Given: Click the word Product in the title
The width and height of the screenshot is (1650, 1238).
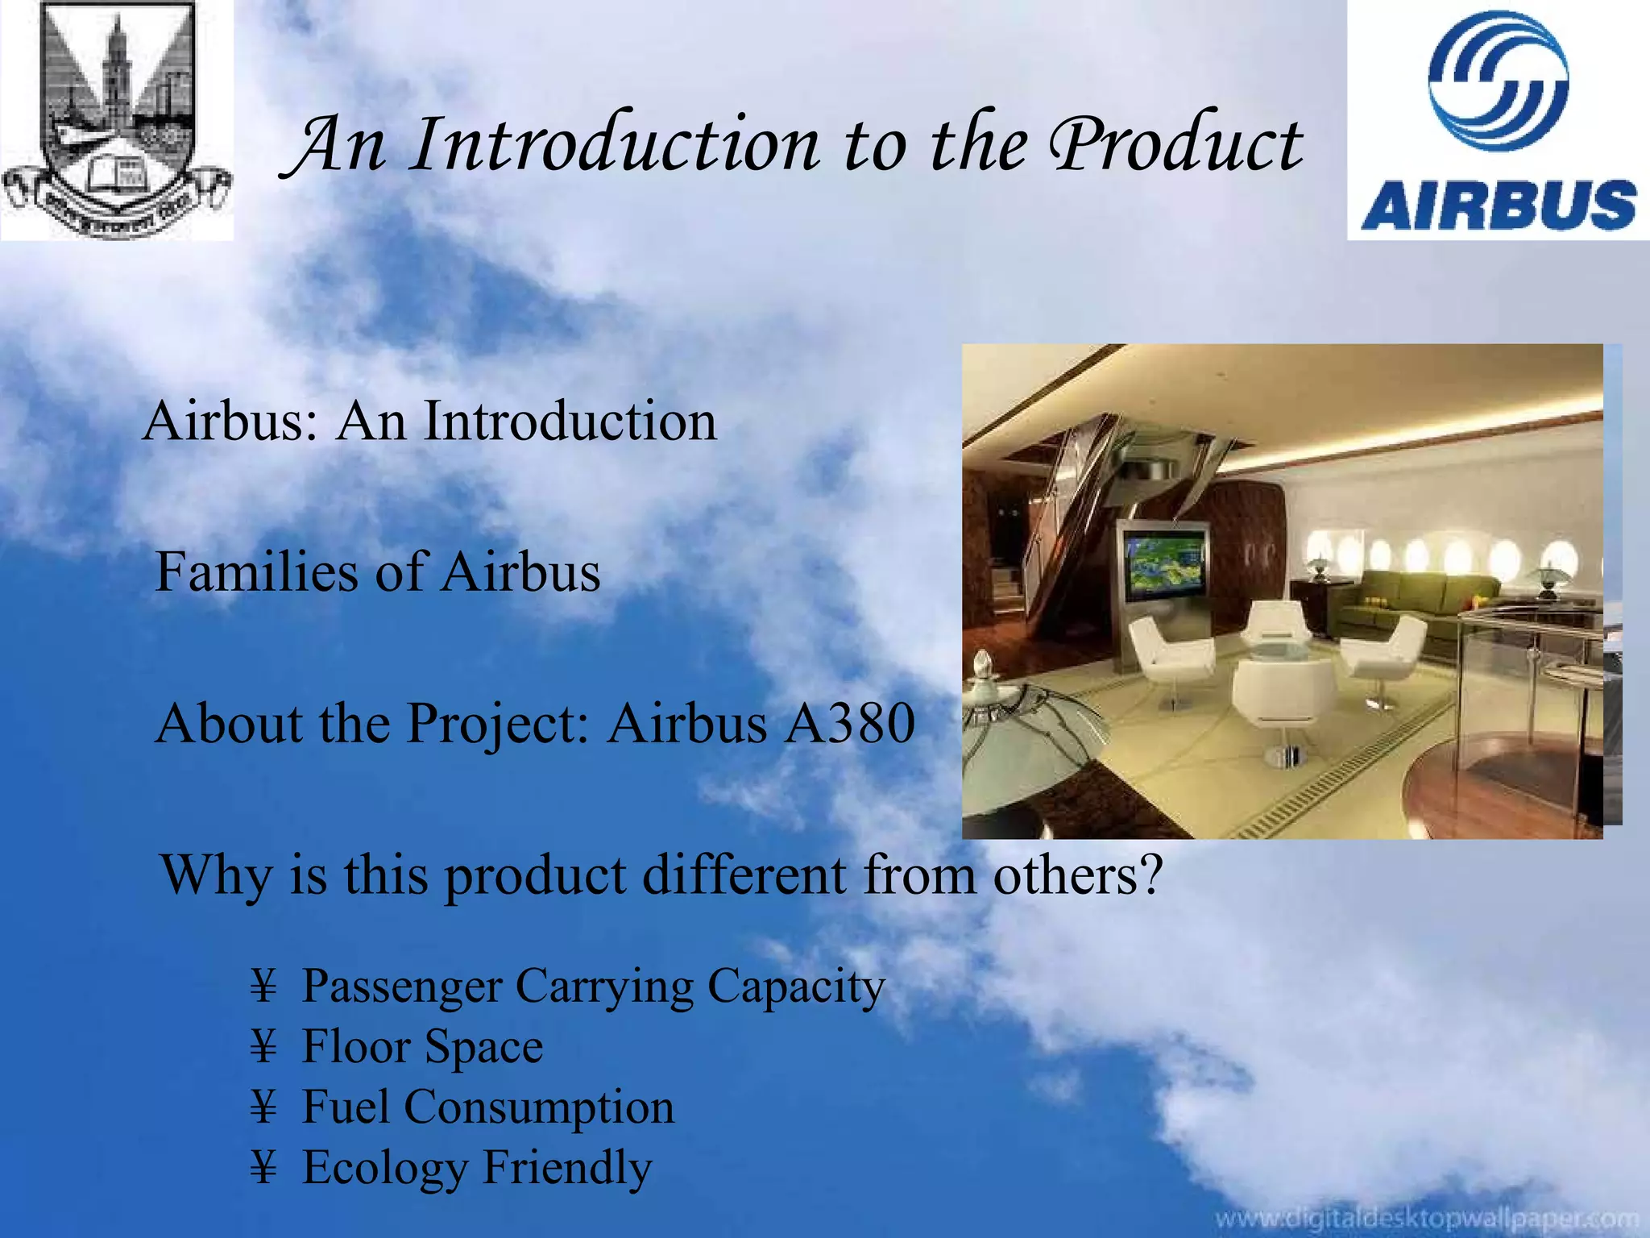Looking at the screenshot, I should pos(1176,145).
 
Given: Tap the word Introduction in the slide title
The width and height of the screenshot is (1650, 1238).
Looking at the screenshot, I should pos(616,145).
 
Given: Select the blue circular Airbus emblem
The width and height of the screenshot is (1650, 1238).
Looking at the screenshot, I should pos(1498,81).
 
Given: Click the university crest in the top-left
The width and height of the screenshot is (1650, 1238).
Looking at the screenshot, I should pos(117,119).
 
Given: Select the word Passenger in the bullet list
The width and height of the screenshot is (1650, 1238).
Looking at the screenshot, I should pos(400,987).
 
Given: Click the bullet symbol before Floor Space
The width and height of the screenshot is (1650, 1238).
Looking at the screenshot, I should pos(263,1047).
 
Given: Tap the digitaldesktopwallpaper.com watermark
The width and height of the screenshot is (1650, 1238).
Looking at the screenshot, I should pos(1426,1219).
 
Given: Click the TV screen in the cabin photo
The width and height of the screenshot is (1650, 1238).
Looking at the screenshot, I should pos(1166,562).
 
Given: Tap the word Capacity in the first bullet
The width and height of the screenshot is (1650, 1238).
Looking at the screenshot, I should pos(796,987).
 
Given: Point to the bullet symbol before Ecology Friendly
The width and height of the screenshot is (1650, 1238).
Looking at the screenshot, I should pos(263,1168).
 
